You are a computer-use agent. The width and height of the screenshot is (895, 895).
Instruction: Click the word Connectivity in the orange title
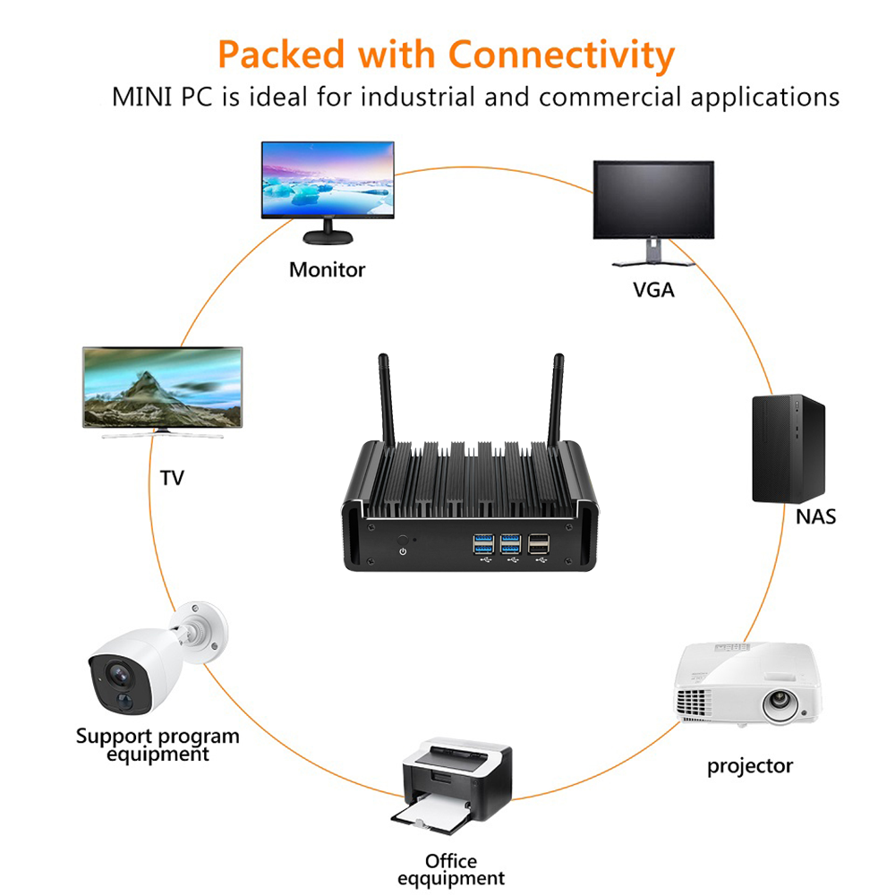[561, 55]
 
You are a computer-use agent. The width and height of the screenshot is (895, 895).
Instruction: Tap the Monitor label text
[327, 269]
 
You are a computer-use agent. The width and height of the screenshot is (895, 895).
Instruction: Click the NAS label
[815, 516]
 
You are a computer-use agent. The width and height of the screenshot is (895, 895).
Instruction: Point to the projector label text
[750, 766]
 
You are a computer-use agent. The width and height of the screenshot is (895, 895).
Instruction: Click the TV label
[171, 478]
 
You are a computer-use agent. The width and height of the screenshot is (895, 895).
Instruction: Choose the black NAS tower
[788, 447]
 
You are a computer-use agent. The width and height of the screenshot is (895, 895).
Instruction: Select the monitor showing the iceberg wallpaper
[328, 182]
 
